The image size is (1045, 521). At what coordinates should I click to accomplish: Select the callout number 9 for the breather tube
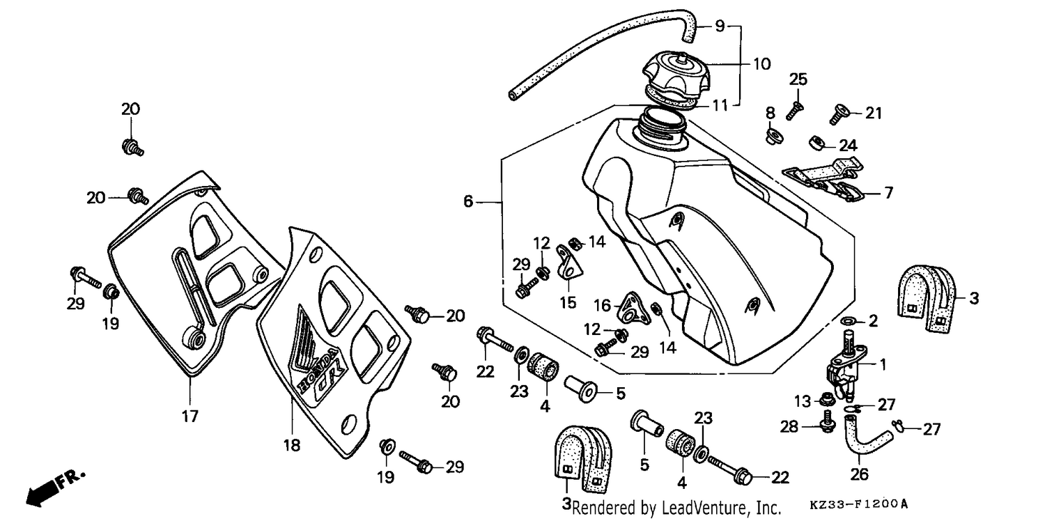click(x=720, y=26)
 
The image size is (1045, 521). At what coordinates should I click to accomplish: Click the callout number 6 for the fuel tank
click(x=468, y=201)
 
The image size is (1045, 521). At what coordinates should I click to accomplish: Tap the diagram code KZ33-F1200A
click(x=859, y=504)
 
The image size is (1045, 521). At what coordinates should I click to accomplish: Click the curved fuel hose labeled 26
click(x=865, y=441)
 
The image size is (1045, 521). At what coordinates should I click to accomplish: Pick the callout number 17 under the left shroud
click(x=190, y=416)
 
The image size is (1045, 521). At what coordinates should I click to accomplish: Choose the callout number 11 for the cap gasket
click(x=720, y=105)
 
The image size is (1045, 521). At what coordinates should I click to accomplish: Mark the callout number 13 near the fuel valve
click(x=803, y=401)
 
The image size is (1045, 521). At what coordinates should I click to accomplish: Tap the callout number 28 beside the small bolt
click(x=789, y=426)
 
